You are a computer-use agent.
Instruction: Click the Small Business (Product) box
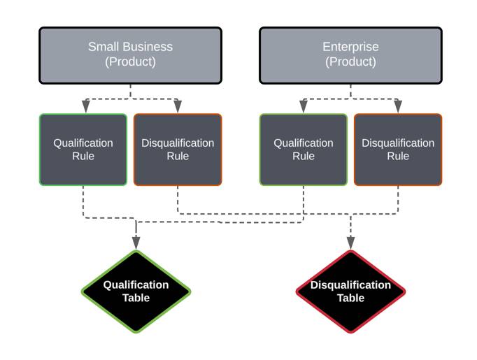pos(130,55)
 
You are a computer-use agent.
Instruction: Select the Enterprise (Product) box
pos(350,55)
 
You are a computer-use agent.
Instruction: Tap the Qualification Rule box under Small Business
pos(83,150)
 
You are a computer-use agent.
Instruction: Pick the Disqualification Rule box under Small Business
pos(178,150)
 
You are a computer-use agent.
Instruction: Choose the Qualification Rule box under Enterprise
pos(304,150)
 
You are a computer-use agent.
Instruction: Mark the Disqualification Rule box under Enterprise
pos(398,150)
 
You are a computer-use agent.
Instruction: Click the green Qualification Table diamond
pos(136,291)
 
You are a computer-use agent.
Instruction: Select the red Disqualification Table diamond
pos(350,291)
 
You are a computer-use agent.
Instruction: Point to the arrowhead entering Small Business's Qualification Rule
pos(85,107)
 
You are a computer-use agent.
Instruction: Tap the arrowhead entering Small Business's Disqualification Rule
pos(178,107)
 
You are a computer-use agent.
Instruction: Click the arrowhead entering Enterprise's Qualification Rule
pos(304,107)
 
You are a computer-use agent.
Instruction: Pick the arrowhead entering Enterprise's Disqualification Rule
pos(398,107)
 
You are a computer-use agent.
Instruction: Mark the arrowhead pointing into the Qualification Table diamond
pos(136,243)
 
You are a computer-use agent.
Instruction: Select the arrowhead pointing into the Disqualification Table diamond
pos(350,243)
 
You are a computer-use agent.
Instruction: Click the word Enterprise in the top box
pos(350,48)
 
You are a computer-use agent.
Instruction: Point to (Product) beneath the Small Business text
pos(130,62)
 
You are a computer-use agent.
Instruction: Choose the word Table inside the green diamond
pos(136,298)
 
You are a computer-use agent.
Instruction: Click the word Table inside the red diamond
pos(350,298)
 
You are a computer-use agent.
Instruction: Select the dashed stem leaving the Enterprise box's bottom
pos(350,91)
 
